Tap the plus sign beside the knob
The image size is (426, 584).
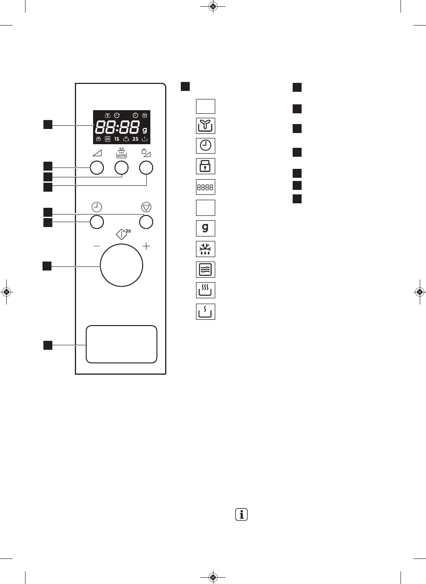[x=146, y=246]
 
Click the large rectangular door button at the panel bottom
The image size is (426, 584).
[x=121, y=344]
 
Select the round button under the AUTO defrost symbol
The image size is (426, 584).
[x=121, y=168]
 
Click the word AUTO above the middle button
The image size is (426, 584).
[x=121, y=155]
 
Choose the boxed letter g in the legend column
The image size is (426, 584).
[x=205, y=228]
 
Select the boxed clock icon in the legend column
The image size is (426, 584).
[x=205, y=146]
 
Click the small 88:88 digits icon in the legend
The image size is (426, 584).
[x=205, y=188]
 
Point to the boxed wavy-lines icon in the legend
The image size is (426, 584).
[x=205, y=270]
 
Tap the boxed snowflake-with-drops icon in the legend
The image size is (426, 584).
[x=205, y=249]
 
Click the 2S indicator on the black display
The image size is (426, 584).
[x=136, y=139]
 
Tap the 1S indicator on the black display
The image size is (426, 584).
[x=117, y=139]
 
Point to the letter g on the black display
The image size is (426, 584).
[x=145, y=130]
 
